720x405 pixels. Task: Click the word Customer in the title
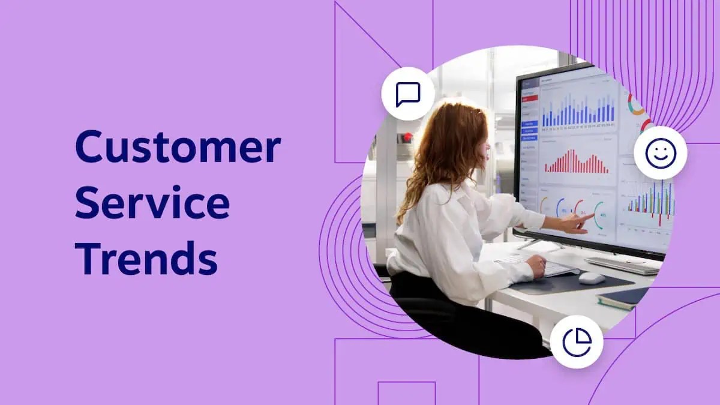coord(178,148)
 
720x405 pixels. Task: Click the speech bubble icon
coord(408,94)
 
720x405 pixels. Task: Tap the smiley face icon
coord(660,154)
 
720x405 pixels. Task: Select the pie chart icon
coord(577,342)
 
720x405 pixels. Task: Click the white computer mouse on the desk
coord(592,278)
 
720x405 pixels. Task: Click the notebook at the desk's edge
coord(624,298)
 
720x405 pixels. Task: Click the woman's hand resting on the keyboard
coord(535,265)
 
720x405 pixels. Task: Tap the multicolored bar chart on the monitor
coord(651,204)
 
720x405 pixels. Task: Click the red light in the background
coord(408,137)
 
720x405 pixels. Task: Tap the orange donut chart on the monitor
coord(635,103)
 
